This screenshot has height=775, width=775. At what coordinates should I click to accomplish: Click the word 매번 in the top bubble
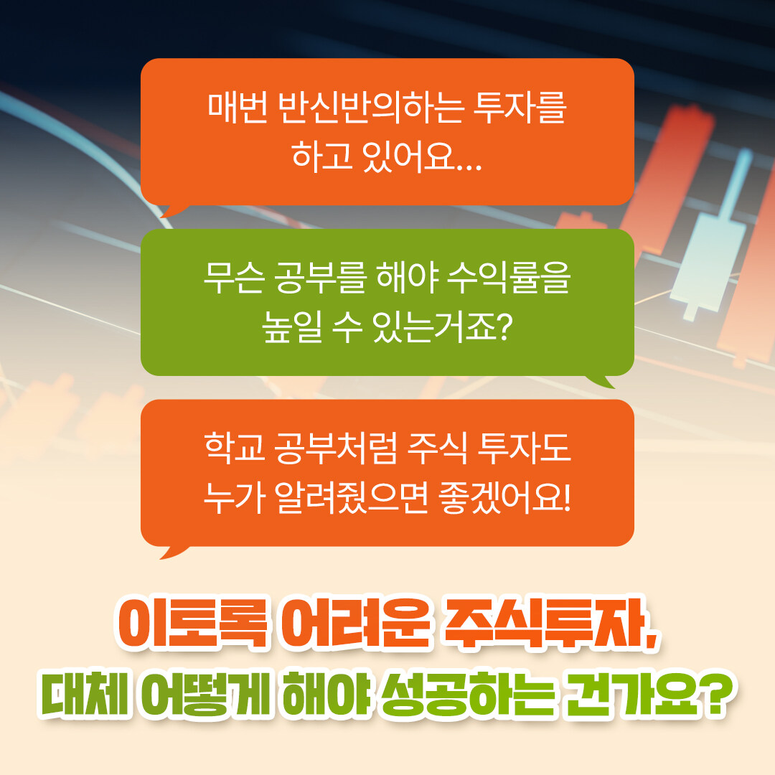coord(238,107)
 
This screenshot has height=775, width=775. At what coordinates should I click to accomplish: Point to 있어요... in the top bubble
coord(422,156)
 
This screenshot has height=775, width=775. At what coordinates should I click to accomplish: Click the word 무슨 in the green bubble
coord(233,278)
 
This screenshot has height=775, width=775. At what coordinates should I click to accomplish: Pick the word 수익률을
coord(509,278)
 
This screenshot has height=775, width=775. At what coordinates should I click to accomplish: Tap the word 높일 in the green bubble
coord(292,327)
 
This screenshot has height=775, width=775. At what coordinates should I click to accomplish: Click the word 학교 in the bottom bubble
coord(235,448)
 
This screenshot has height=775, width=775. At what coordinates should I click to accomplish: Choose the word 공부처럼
coord(336,448)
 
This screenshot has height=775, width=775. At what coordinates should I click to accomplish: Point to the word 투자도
coord(524,448)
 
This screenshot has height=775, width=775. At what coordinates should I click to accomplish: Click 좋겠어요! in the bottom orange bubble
coord(504,497)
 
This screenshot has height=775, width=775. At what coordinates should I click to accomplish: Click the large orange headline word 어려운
coord(356,624)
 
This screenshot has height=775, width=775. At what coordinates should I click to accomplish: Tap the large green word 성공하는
coord(466,693)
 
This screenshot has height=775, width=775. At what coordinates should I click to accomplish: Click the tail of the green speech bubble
coord(602,381)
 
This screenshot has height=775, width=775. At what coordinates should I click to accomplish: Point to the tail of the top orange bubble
coord(173,210)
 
